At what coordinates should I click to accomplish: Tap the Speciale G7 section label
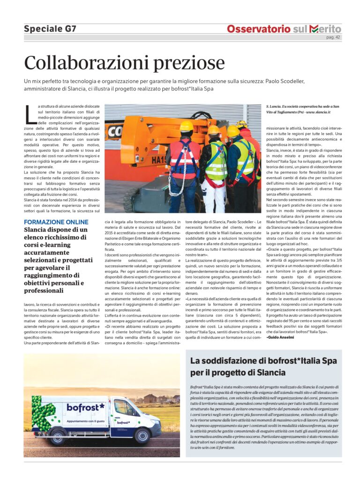pyautogui.click(x=50, y=29)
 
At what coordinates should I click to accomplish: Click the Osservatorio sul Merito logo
pyautogui.click(x=284, y=29)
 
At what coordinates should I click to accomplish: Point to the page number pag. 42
pyautogui.click(x=333, y=37)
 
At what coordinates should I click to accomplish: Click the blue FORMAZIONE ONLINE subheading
pyautogui.click(x=56, y=222)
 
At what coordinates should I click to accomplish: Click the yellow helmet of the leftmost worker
pyautogui.click(x=186, y=126)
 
